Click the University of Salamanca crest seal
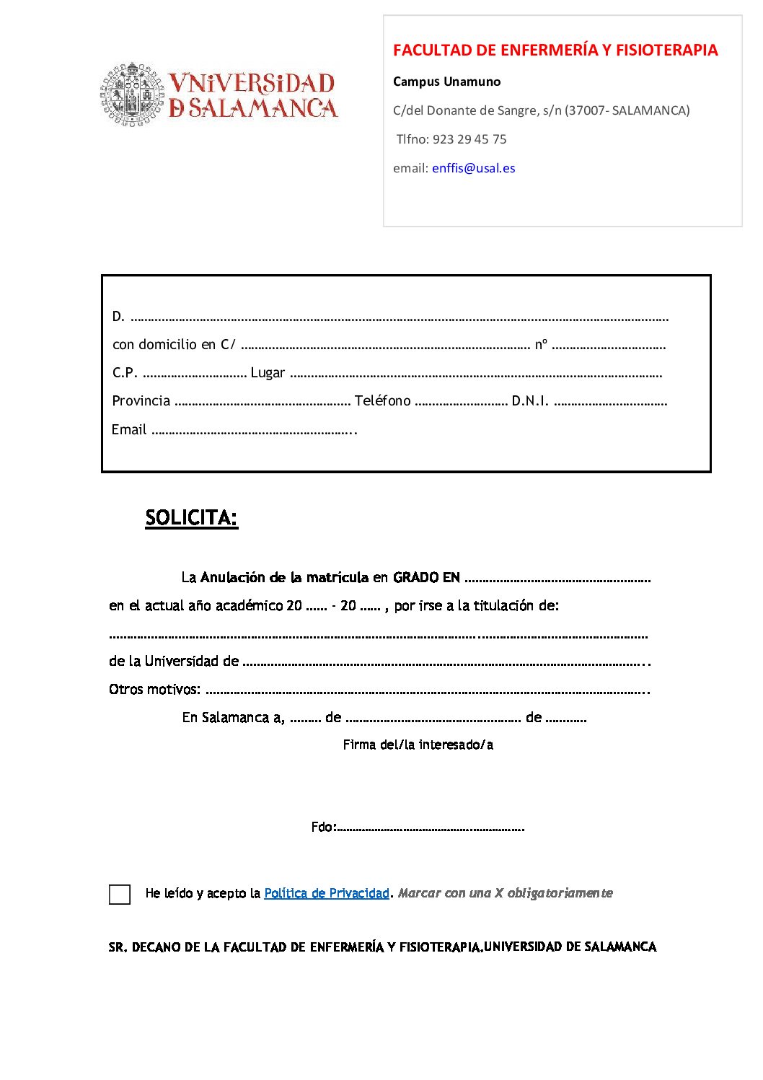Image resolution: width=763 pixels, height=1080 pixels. click(132, 95)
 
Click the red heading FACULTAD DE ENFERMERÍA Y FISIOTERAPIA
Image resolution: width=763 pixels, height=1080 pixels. click(555, 50)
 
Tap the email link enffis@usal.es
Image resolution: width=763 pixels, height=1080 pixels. click(473, 168)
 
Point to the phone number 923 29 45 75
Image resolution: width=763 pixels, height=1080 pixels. click(469, 139)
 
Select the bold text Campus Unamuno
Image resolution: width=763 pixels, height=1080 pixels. click(446, 82)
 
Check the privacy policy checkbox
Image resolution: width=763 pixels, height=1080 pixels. click(120, 895)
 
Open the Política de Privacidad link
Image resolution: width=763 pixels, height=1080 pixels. click(327, 893)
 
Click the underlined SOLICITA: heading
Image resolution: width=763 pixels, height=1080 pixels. click(191, 518)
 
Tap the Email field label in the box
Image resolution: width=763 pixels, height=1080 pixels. click(129, 430)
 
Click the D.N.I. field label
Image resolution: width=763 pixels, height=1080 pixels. click(530, 401)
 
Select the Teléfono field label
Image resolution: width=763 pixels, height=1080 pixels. click(382, 401)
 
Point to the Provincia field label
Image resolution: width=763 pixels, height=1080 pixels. click(141, 401)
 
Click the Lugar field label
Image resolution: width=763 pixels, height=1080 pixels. click(268, 373)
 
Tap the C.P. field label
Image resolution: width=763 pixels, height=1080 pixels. click(125, 373)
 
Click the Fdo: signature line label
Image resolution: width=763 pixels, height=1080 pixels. click(323, 827)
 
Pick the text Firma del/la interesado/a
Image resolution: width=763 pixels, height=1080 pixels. click(418, 745)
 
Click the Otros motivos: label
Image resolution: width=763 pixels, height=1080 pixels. click(154, 690)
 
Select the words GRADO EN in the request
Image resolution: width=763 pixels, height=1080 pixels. click(426, 577)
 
